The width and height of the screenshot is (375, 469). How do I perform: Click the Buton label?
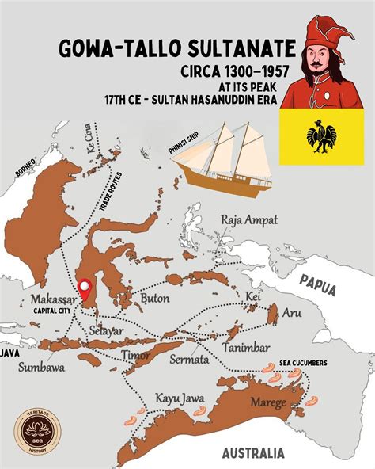[155, 298]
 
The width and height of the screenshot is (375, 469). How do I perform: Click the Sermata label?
[189, 359]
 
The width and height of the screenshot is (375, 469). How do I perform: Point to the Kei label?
[253, 296]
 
